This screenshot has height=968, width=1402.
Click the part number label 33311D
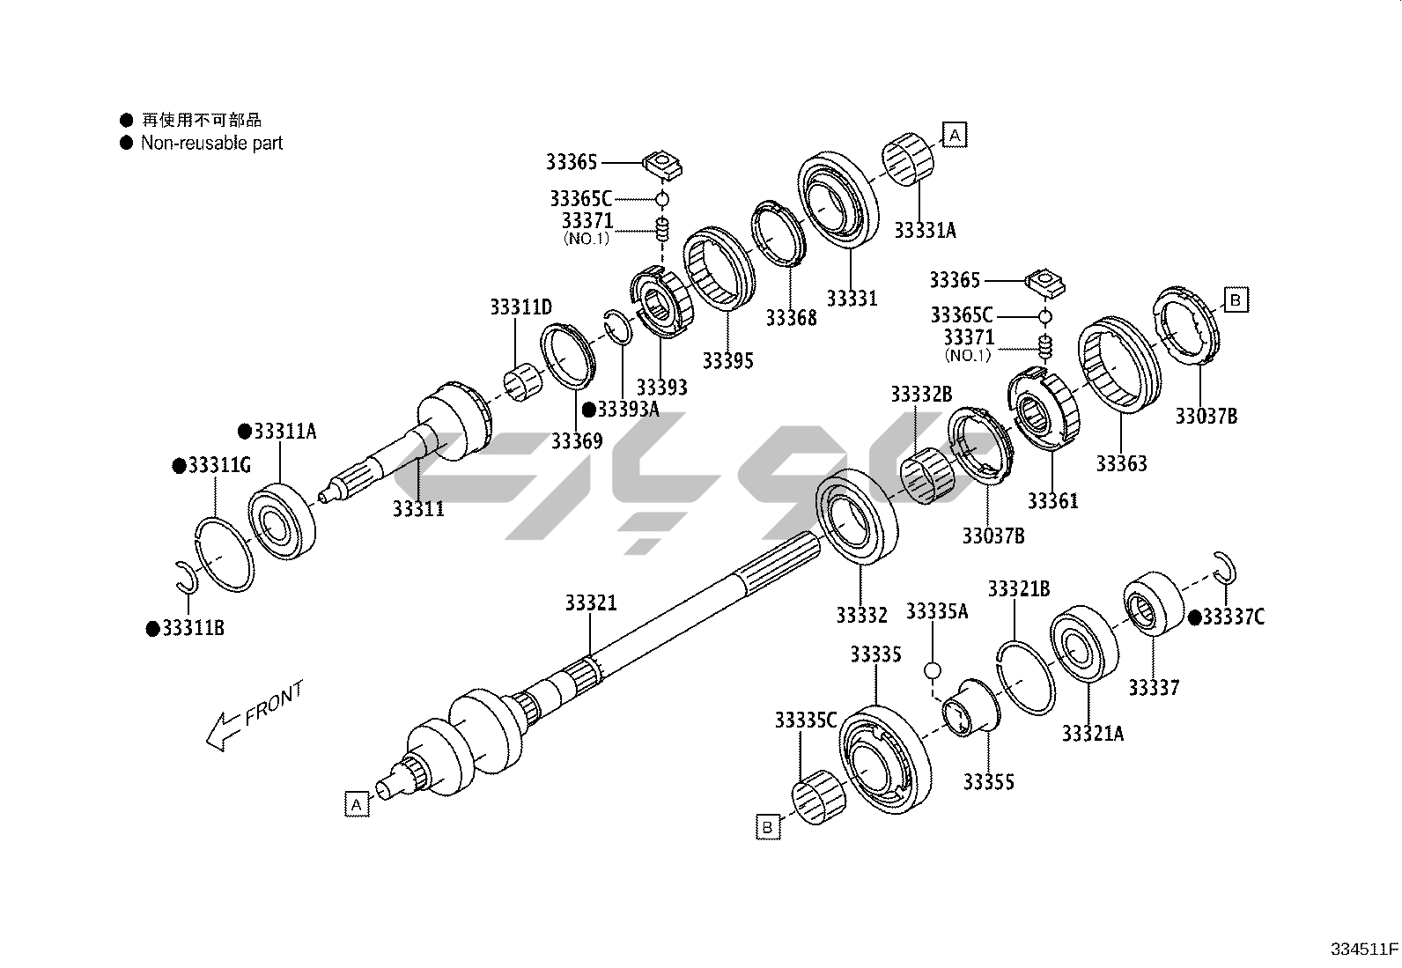(520, 307)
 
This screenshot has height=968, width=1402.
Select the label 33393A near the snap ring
(628, 410)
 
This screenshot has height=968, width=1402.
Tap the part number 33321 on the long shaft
(591, 603)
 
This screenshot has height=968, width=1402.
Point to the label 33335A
(937, 611)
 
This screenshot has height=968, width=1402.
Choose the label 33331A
(925, 231)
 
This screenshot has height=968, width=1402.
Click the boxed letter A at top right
(955, 135)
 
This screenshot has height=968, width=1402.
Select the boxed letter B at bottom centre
(767, 827)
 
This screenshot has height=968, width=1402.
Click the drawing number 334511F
(1363, 950)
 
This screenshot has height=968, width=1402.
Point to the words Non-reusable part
(211, 143)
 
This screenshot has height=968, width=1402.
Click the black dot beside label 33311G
(178, 465)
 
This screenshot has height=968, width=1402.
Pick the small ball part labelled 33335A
(933, 671)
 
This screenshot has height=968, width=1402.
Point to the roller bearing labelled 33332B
(931, 478)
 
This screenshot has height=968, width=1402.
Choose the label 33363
(1121, 463)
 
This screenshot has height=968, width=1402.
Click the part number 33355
(988, 782)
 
